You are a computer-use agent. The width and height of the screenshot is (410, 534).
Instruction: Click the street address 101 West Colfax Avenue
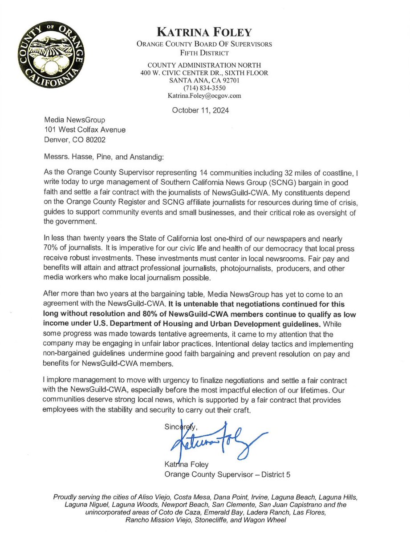[x=85, y=129]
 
